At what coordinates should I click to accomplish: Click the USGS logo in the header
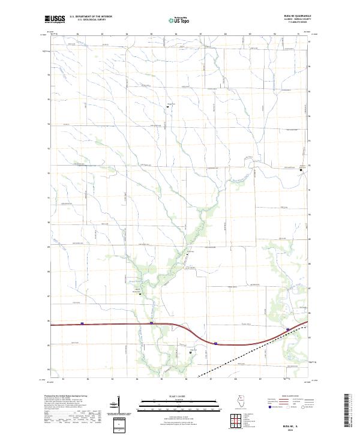(55, 19)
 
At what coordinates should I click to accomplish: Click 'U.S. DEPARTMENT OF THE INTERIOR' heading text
(91, 16)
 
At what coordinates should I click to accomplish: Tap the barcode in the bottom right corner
(347, 411)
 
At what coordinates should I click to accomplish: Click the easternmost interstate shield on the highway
(288, 329)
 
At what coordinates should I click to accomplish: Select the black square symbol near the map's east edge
(301, 170)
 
